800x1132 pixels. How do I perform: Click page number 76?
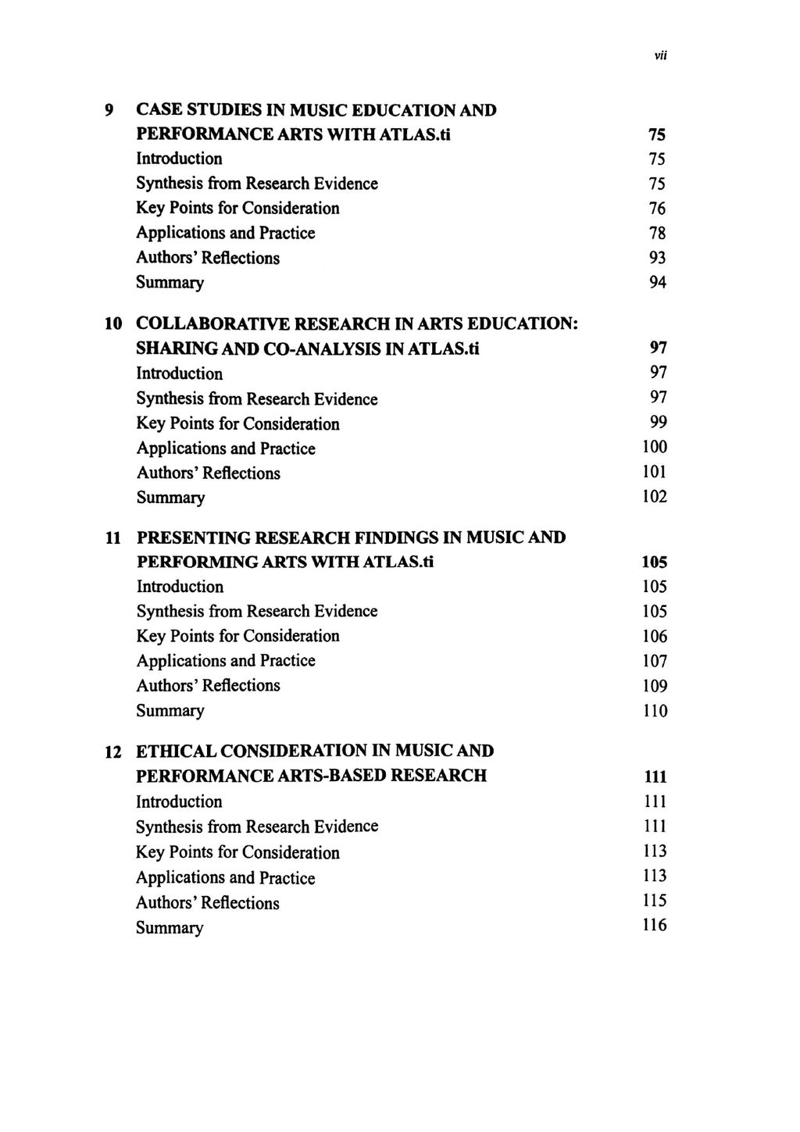coord(657,209)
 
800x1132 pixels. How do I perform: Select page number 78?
coord(657,233)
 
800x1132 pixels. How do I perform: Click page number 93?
coord(657,258)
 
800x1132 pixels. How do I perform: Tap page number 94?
coord(657,283)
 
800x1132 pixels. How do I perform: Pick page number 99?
coord(658,423)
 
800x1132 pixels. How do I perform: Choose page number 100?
coord(655,448)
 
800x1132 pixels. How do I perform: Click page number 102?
coord(655,497)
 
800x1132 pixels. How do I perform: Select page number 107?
coord(655,661)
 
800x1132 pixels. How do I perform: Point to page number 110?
coord(655,711)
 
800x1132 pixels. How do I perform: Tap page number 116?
coord(655,926)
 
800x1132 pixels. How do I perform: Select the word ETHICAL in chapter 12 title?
coord(176,752)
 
